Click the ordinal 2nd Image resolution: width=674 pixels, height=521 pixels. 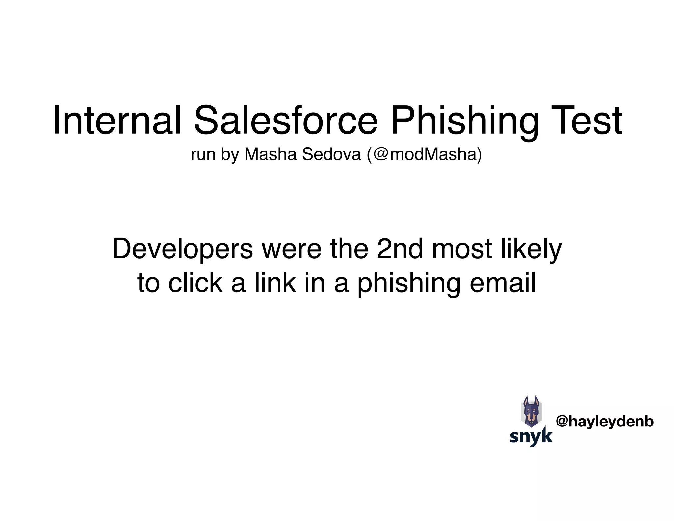click(400, 249)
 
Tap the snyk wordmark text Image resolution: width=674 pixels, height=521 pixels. click(531, 436)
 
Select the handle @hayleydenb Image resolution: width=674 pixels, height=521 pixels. click(605, 422)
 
